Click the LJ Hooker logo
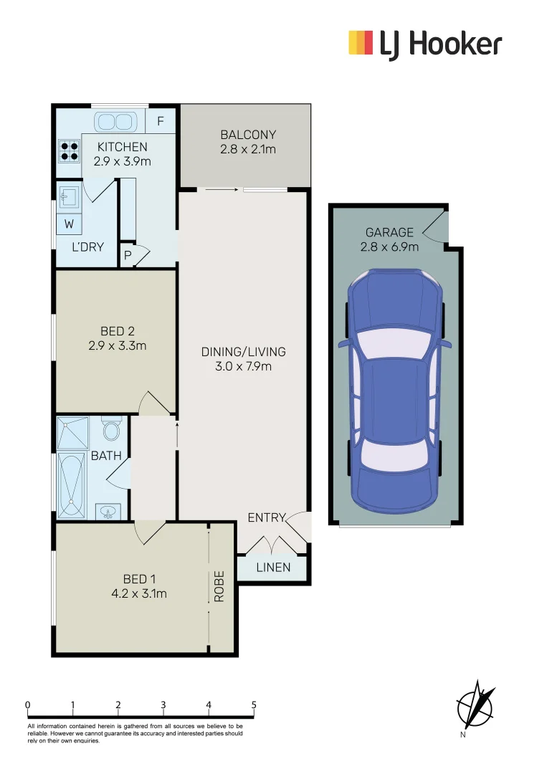coord(424,44)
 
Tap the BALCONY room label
coord(248,135)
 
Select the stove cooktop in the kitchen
coord(70,150)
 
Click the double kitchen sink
coord(115,120)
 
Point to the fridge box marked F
coord(161,121)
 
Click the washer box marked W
coord(70,224)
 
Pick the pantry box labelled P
coord(128,255)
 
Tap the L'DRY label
coord(87,247)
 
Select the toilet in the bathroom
coord(110,430)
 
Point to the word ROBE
coord(220,586)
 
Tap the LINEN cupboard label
coord(273,568)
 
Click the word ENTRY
coord(266,517)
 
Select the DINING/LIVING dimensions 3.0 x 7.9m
coord(244,366)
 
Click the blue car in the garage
coord(395,388)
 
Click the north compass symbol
coord(476,704)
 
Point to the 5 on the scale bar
coord(254,704)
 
